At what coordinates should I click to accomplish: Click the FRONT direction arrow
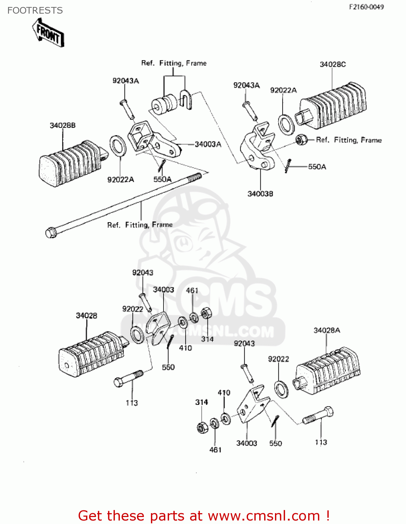(x=48, y=32)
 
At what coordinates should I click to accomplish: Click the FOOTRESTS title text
(x=35, y=10)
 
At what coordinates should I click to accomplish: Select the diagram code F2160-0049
(x=366, y=7)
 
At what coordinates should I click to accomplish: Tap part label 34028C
(x=333, y=64)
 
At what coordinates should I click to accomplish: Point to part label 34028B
(x=63, y=125)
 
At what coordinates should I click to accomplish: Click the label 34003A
(x=208, y=144)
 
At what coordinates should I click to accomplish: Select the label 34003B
(x=260, y=194)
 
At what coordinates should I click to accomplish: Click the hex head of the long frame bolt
(x=51, y=232)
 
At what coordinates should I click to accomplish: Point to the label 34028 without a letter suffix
(x=86, y=315)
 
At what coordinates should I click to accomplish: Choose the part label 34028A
(x=327, y=330)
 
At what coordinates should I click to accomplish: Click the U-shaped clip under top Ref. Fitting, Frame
(x=186, y=99)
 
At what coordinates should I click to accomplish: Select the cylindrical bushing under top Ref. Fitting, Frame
(x=164, y=104)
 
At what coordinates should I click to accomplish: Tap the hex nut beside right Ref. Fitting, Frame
(x=301, y=140)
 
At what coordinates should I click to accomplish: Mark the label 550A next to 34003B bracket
(x=317, y=167)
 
